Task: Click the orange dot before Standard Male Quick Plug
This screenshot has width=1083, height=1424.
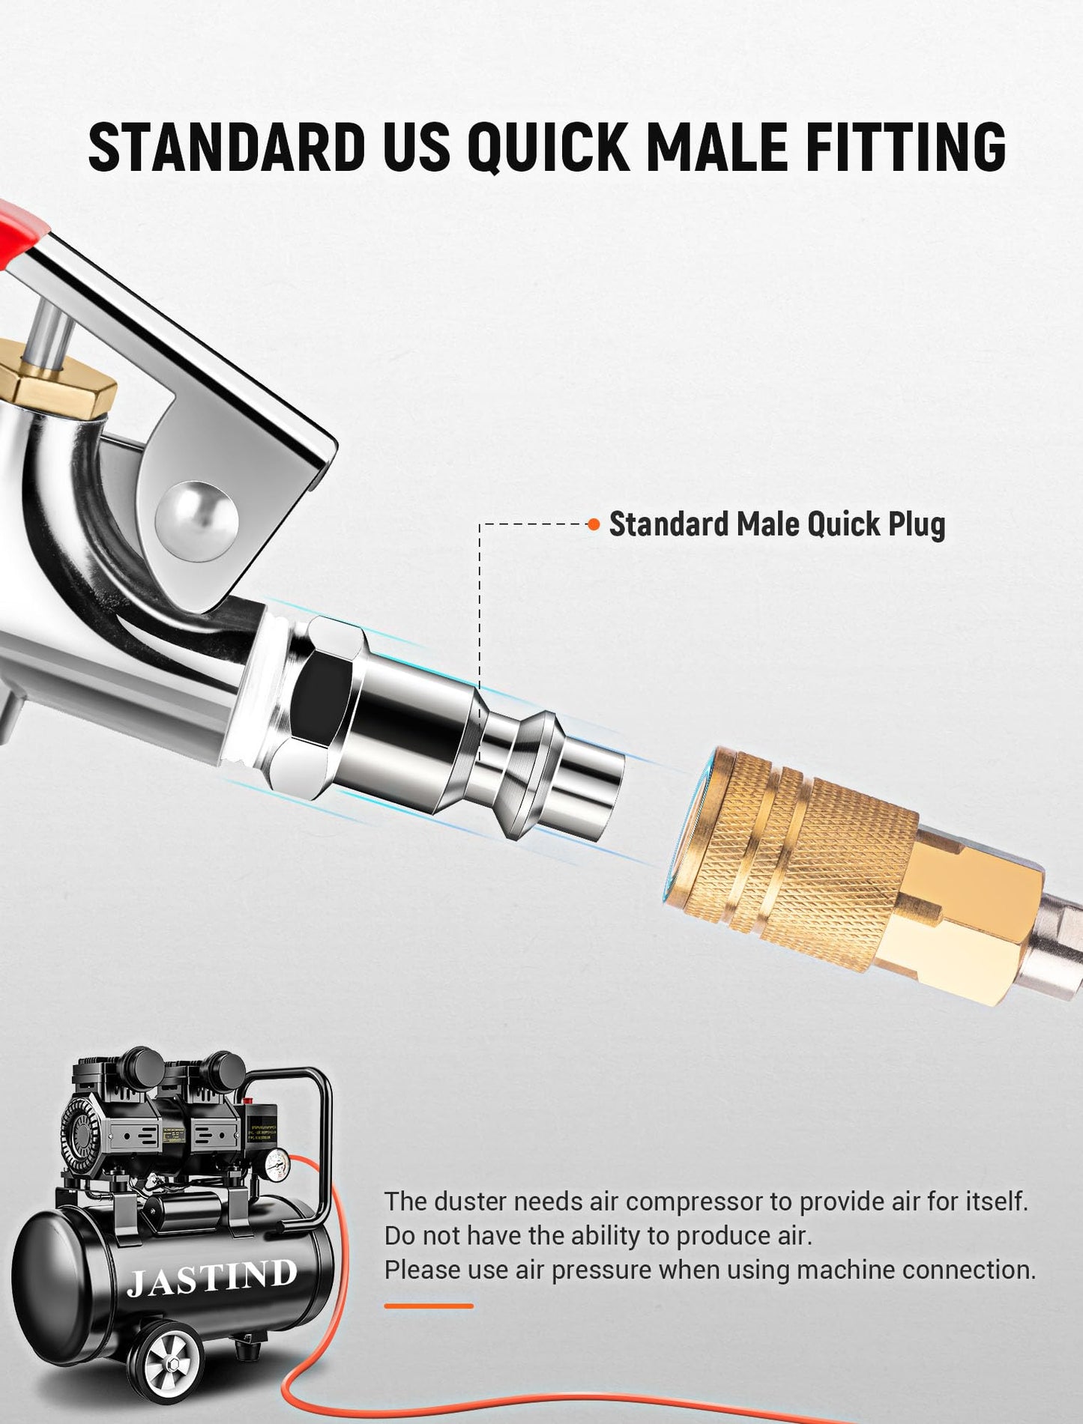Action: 594,524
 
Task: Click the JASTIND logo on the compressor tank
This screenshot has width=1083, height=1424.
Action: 211,1277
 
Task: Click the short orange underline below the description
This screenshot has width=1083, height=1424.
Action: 429,1306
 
